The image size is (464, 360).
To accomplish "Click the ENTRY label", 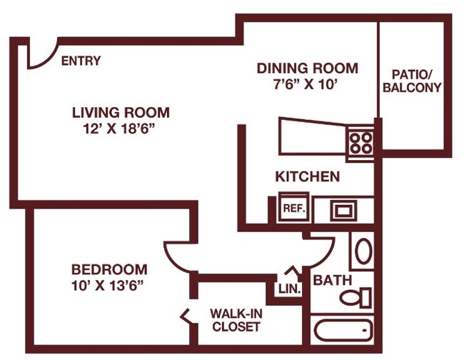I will (x=81, y=61).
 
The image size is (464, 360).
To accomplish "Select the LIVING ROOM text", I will (x=121, y=112).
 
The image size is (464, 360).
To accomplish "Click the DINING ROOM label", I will (x=307, y=69).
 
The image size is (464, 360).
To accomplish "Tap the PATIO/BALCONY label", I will (x=412, y=81).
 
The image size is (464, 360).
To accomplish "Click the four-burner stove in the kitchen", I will (x=361, y=143).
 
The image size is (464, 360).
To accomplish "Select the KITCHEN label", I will (x=307, y=176).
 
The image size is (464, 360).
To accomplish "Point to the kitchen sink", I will (x=343, y=210).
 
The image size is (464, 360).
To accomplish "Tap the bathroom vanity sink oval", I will (x=363, y=252).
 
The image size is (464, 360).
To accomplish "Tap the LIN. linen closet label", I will (x=290, y=290).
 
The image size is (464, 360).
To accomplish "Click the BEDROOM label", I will (x=109, y=269).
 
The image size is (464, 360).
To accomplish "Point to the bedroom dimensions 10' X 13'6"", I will (x=109, y=285).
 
